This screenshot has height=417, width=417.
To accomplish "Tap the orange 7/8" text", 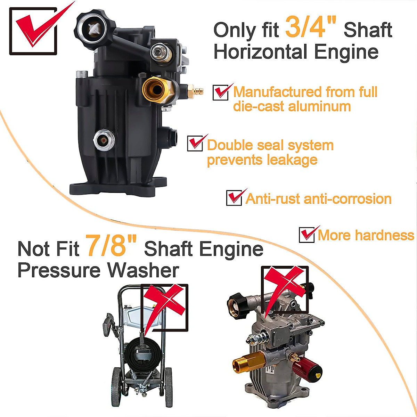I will point(111,245).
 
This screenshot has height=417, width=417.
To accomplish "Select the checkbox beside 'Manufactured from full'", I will point(220,93).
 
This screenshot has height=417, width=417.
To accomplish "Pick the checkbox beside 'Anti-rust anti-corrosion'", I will point(234,198).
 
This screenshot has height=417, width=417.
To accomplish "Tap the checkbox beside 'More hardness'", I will point(306,235).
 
